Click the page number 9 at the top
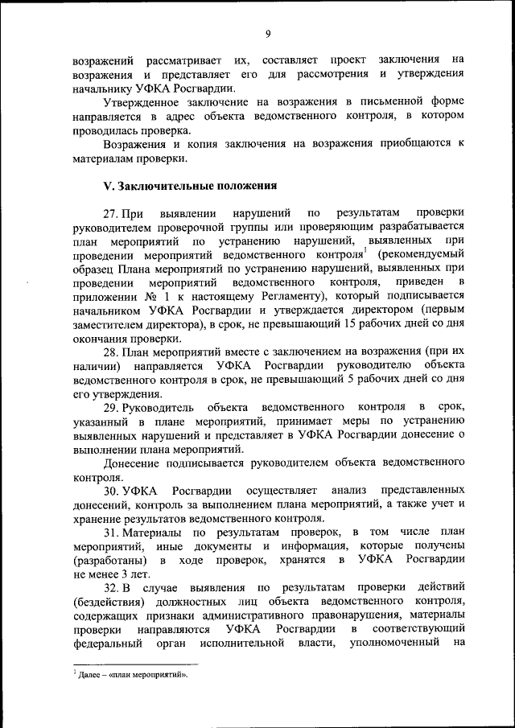[x=267, y=34]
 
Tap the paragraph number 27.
[x=112, y=213]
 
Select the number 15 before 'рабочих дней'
[x=348, y=325]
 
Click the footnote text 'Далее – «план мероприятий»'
[x=129, y=675]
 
